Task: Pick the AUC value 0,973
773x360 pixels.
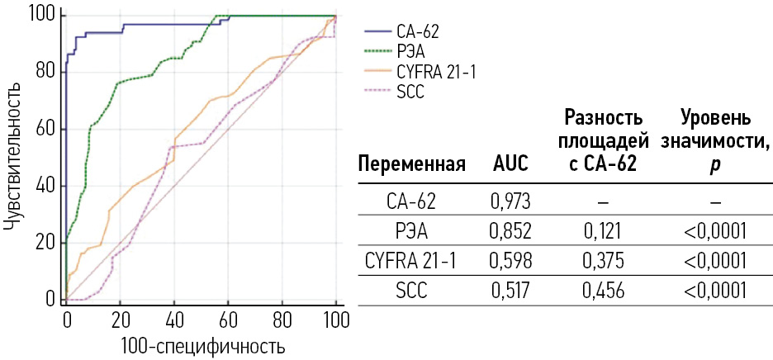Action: tap(510, 201)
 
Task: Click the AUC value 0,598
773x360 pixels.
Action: tap(510, 261)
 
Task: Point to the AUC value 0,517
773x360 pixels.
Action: tap(510, 291)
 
